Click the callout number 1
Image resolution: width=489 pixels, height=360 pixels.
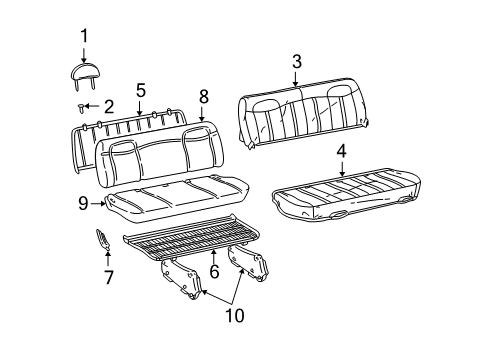tap(84, 37)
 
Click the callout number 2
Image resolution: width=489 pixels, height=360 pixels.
tap(107, 105)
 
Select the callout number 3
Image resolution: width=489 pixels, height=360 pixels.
tap(297, 63)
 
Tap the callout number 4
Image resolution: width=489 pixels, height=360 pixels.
tap(342, 152)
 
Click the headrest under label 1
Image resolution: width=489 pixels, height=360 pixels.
tap(84, 73)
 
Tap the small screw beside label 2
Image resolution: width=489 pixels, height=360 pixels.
tap(79, 105)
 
